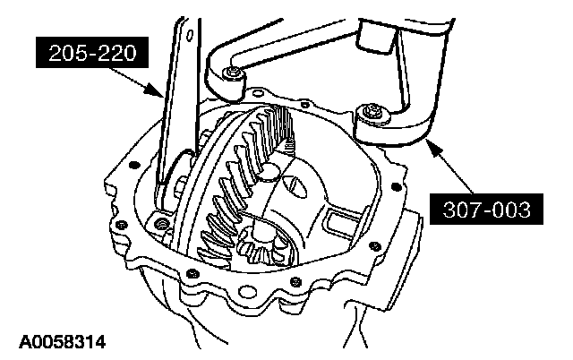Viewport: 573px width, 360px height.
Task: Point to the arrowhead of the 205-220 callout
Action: coord(162,93)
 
